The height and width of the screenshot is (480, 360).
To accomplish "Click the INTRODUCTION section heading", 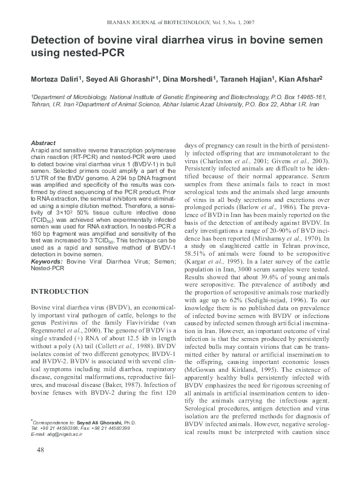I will [59, 291].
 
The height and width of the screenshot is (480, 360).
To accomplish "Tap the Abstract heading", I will [43, 143].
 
